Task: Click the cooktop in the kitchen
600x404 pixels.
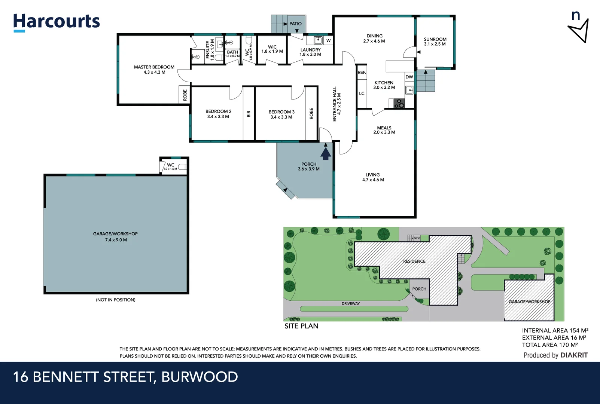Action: coord(399,104)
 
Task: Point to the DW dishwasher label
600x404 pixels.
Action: coord(409,77)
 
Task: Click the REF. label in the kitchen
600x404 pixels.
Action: coord(362,73)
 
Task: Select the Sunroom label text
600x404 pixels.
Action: coord(435,39)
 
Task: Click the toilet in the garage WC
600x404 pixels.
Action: coord(182,167)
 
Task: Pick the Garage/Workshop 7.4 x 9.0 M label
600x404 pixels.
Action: coord(116,237)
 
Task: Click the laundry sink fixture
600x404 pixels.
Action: coord(318,40)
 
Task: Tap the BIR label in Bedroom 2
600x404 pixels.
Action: coord(249,114)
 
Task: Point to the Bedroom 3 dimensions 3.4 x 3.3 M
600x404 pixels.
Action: coord(281,117)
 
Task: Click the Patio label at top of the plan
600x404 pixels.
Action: coord(295,24)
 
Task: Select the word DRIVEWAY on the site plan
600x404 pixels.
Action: coord(350,303)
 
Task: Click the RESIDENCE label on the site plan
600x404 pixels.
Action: coord(414,261)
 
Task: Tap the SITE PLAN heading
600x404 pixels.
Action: coord(301,326)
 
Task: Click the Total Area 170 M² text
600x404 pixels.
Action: coord(550,345)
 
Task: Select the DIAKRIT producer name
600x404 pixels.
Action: coord(574,355)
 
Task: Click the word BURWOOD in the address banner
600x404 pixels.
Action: coord(200,377)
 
